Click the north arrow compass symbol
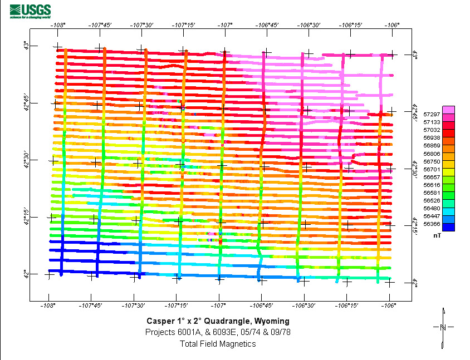(443, 328)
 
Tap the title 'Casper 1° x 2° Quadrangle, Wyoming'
(218, 321)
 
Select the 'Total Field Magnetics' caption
(218, 344)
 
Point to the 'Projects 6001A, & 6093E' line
(218, 332)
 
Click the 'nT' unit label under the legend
(437, 235)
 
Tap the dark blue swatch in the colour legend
(448, 227)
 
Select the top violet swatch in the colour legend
(448, 110)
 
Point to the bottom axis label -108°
(48, 305)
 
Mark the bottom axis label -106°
(389, 305)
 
